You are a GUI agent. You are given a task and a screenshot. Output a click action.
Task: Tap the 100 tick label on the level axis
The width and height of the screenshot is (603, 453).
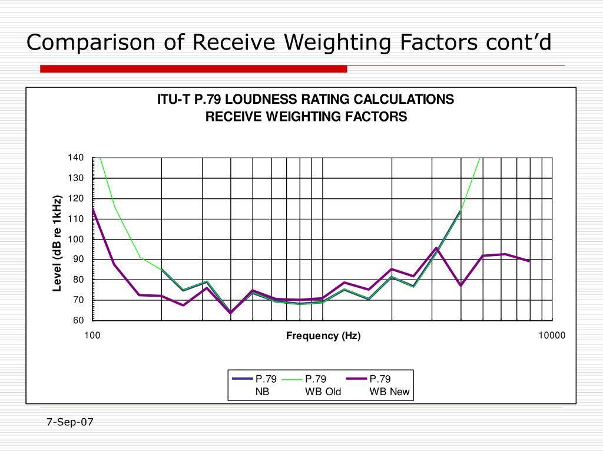coord(77,239)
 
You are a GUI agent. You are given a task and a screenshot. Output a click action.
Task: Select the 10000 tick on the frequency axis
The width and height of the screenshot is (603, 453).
coord(552,336)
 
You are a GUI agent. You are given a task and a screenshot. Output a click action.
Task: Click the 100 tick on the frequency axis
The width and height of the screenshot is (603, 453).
coord(92,336)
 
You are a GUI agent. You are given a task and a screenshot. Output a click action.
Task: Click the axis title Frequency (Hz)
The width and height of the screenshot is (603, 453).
coord(323,336)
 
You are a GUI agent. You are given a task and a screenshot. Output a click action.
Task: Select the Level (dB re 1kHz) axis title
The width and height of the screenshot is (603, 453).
coord(57,242)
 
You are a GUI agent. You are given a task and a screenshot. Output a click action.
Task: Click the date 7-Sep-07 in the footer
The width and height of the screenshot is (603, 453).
coord(70,422)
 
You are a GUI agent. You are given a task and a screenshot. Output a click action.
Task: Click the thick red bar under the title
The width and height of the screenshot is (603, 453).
coord(193,69)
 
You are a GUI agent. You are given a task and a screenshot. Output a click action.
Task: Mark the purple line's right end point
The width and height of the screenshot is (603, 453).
coord(529,261)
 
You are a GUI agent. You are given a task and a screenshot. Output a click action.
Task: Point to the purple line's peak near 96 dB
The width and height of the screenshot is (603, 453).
coord(436,248)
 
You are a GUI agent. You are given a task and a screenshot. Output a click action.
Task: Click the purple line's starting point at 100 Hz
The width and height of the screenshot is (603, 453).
coord(93,208)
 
